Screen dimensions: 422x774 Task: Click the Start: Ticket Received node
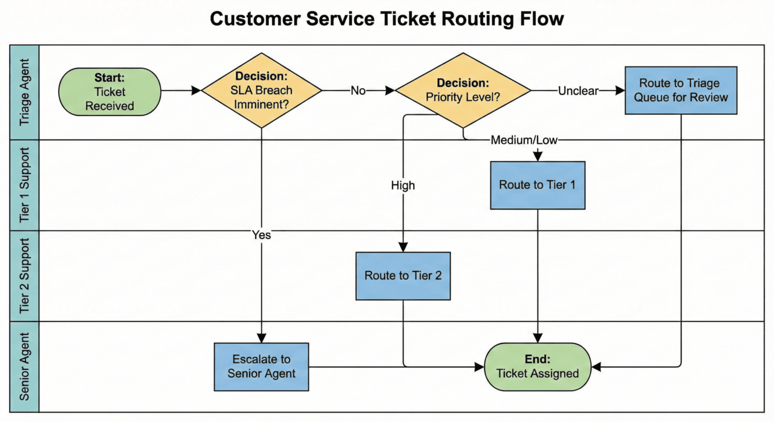tap(109, 91)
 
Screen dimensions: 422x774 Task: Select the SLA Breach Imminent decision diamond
tap(261, 91)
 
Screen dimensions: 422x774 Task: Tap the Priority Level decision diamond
tap(463, 91)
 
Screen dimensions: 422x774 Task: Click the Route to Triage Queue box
tap(681, 91)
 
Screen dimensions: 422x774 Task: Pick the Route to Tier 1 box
tap(538, 185)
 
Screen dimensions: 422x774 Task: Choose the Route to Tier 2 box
tap(403, 276)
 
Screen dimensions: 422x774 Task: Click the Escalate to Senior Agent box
tap(261, 367)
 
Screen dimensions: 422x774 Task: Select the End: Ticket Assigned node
tap(538, 366)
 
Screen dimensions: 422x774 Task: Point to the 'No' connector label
tap(359, 91)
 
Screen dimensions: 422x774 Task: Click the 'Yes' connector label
tap(261, 235)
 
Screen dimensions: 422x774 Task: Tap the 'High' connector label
tap(403, 186)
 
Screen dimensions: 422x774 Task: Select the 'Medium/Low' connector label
tap(524, 140)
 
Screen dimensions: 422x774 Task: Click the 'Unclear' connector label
tap(577, 91)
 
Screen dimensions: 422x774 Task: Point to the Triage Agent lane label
tap(25, 93)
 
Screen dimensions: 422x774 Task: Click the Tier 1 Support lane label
tap(25, 185)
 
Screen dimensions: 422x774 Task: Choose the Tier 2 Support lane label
tap(25, 276)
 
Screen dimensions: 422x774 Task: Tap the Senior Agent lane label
tap(25, 367)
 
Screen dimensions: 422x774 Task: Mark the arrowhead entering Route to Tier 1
tap(538, 157)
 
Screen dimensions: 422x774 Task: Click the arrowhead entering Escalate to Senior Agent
tap(261, 339)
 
